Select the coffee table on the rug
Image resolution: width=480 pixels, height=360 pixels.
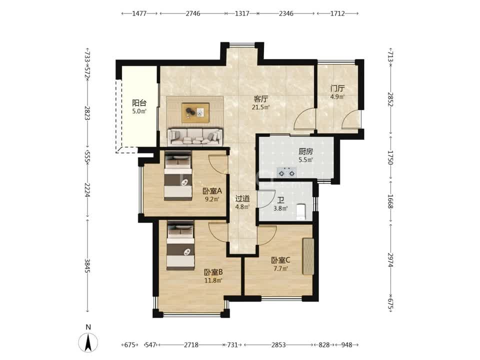195,112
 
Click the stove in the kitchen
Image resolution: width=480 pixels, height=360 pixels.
286,172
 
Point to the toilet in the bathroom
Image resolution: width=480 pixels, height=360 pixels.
300,211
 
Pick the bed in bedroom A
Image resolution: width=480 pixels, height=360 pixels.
178,176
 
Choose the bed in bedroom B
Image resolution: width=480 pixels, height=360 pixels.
180,245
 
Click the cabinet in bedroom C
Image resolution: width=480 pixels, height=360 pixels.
308,256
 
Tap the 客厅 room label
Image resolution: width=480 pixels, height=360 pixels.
261,99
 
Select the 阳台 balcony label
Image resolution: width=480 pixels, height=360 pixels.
139,103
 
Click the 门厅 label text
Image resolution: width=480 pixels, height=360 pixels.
337,89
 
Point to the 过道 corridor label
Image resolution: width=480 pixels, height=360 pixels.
242,198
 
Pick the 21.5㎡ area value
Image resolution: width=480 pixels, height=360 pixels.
261,107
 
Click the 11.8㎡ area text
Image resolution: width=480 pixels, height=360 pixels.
213,280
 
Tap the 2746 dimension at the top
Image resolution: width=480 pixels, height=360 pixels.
193,13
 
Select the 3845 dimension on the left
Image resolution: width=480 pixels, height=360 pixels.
87,265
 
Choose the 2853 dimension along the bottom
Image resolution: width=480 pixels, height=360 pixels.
278,345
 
